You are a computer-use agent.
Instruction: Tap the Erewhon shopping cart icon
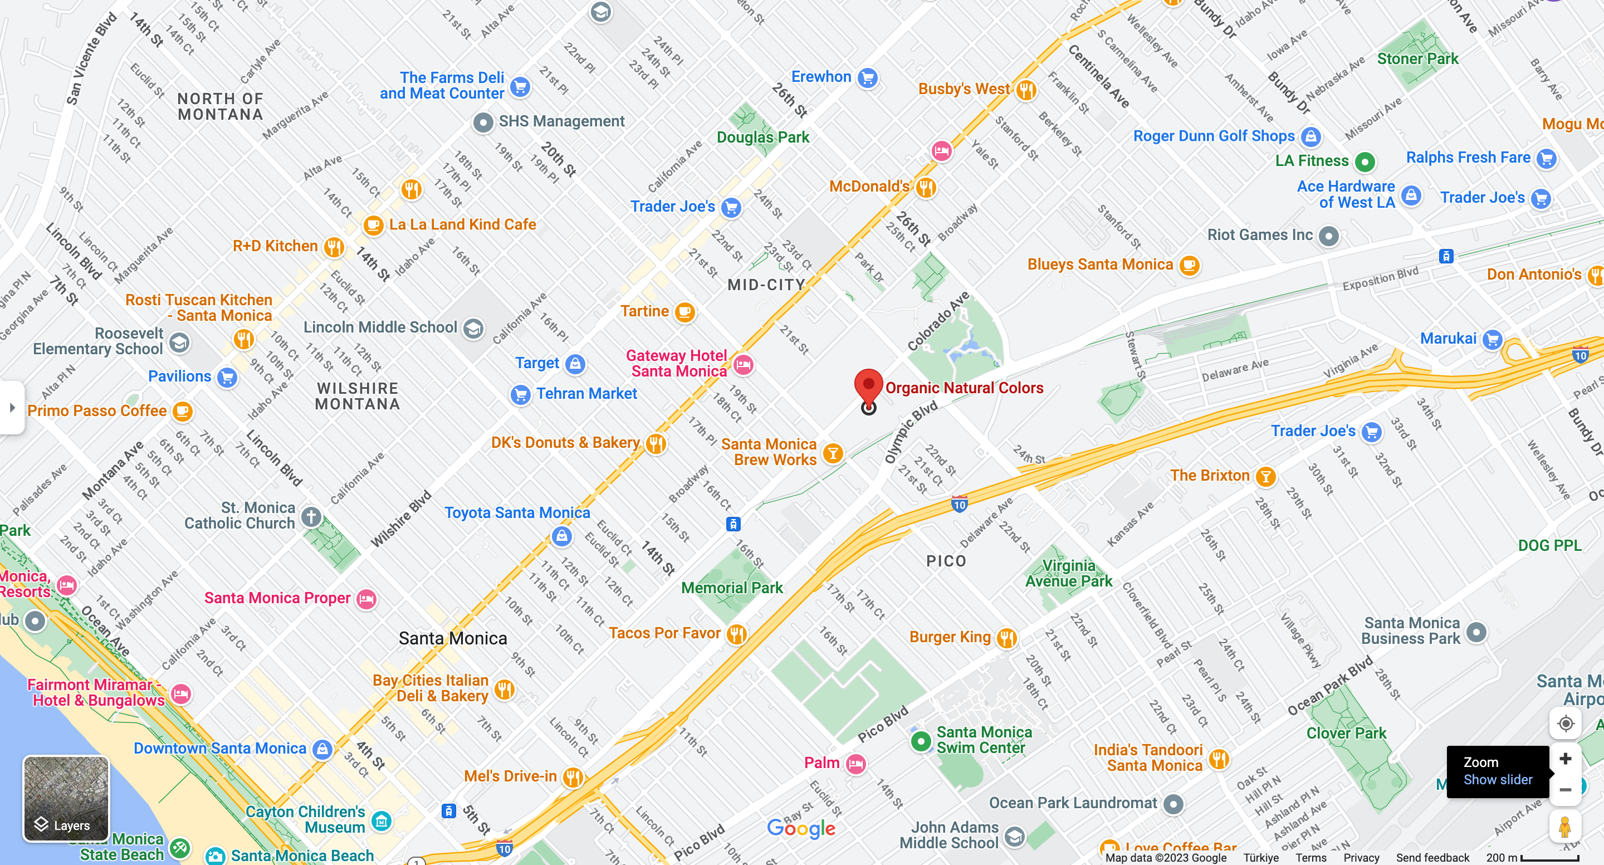[867, 78]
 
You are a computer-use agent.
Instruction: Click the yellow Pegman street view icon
[1565, 828]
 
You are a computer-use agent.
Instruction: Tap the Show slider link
[1497, 780]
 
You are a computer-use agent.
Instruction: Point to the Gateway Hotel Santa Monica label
[677, 363]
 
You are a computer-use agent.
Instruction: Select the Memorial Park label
[732, 587]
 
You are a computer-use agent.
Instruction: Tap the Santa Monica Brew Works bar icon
[833, 453]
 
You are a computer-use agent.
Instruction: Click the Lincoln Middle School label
[380, 327]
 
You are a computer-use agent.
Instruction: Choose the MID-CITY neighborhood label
[766, 285]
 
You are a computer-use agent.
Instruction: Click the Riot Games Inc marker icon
[1329, 236]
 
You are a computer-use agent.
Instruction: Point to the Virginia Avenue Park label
[1069, 573]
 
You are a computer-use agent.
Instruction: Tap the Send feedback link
[1432, 858]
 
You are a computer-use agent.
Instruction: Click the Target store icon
[575, 364]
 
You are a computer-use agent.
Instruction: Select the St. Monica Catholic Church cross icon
[311, 516]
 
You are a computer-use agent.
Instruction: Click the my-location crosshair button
[1565, 724]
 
